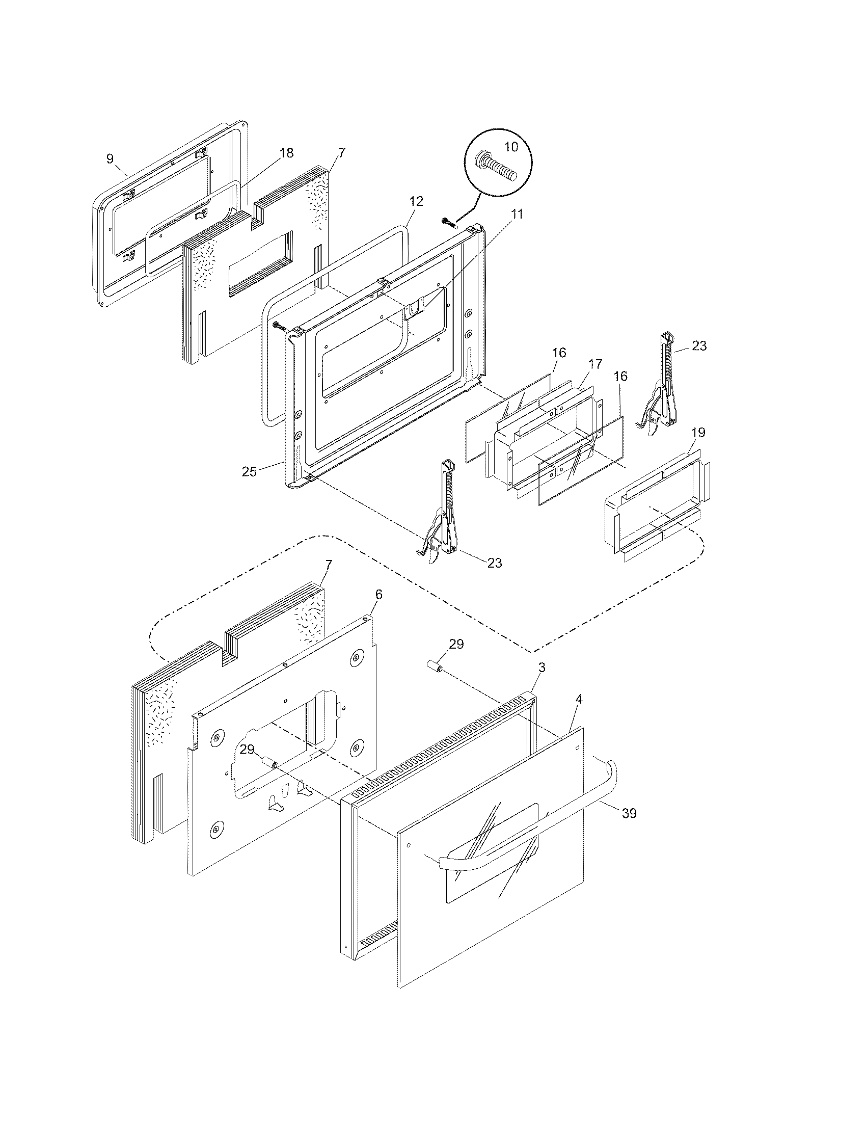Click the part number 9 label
click(110, 158)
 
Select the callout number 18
click(286, 152)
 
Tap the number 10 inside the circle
click(511, 147)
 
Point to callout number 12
click(416, 202)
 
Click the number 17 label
click(594, 364)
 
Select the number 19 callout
click(698, 432)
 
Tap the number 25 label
click(249, 472)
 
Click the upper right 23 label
click(699, 346)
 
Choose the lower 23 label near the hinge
click(494, 563)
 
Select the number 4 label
click(579, 699)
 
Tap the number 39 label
click(629, 813)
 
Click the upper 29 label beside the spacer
click(456, 644)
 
